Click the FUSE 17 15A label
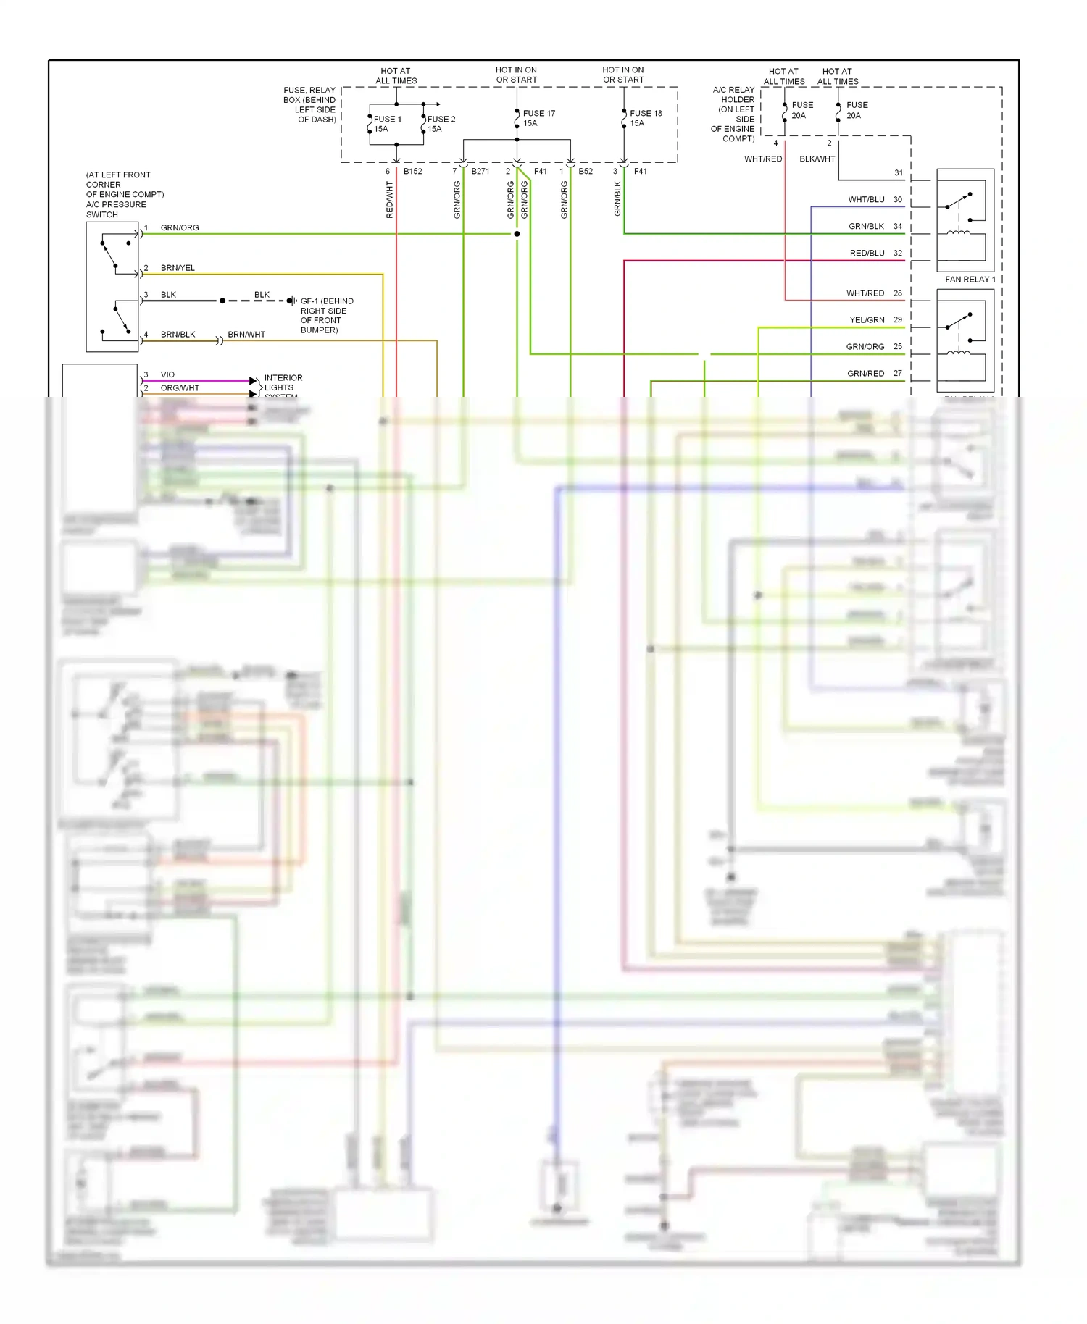coord(538,118)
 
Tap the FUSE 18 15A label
coord(645,118)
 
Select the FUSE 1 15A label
coord(386,124)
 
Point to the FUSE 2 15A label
coord(441,124)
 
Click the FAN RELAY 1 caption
coord(970,279)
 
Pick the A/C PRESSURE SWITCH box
coord(112,287)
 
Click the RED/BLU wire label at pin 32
coord(867,253)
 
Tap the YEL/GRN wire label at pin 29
coord(867,319)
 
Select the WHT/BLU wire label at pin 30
coord(866,199)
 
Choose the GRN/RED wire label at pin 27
coord(865,373)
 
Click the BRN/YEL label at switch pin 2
coord(178,268)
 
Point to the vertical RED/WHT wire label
coord(390,200)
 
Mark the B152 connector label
coord(412,172)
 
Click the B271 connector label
coord(480,172)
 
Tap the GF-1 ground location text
coord(326,315)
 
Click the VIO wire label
coord(167,374)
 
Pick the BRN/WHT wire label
coord(246,335)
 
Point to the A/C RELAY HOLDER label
coord(733,114)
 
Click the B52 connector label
coord(585,172)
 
